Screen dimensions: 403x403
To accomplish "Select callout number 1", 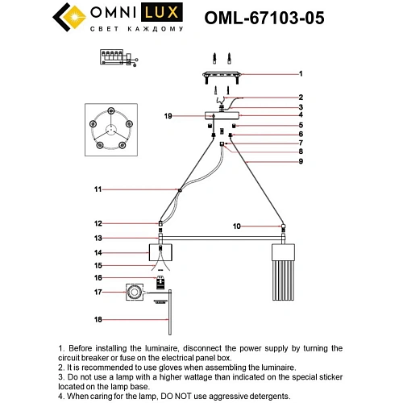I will tap(299, 73).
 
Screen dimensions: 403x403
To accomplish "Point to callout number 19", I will tap(168, 116).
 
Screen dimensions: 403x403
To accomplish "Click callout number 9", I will tap(299, 162).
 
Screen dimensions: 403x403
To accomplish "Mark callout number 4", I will tap(299, 115).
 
